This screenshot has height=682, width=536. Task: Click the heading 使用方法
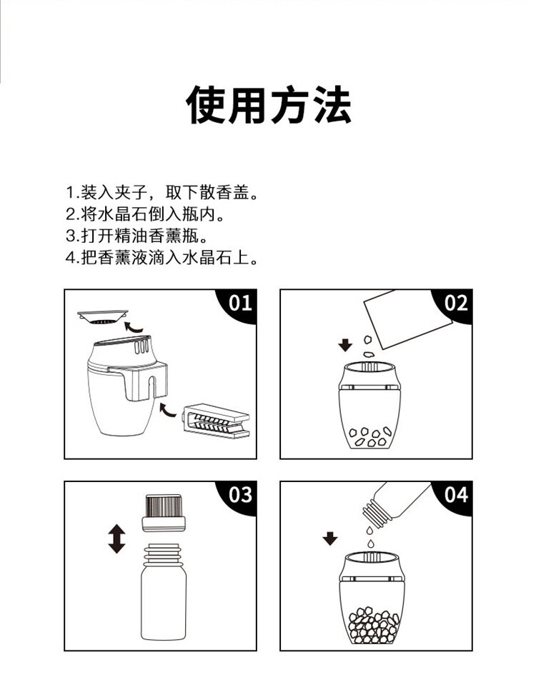coord(268,105)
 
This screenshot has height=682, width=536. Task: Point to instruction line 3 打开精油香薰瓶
coord(137,236)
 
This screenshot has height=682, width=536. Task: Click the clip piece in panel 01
coord(216,421)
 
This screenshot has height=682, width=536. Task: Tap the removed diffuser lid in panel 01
coord(103,316)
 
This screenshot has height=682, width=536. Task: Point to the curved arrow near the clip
coord(168,410)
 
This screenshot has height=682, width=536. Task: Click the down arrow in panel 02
coord(345,346)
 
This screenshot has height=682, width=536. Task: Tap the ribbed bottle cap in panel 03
coord(164,513)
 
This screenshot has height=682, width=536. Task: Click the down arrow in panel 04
coord(330,539)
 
